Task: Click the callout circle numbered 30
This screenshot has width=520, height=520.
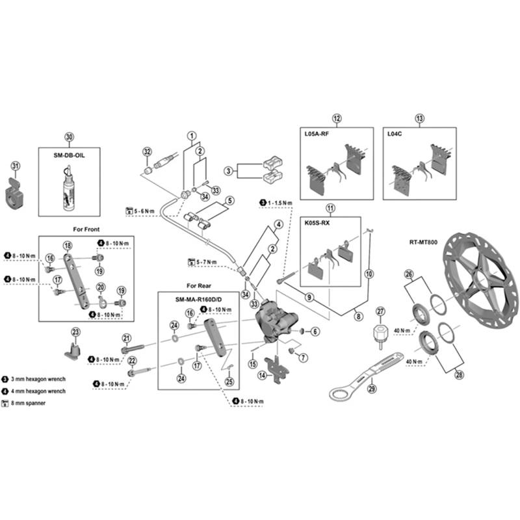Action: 70,136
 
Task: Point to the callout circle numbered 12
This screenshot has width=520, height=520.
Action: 336,118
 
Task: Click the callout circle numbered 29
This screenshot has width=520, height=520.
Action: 372,389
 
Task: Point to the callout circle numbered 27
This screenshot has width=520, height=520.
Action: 381,311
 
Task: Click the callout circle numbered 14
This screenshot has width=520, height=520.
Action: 263,375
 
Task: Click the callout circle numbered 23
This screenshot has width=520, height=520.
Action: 75,332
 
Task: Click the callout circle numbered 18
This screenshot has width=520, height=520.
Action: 67,245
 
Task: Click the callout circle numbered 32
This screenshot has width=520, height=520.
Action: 147,151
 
